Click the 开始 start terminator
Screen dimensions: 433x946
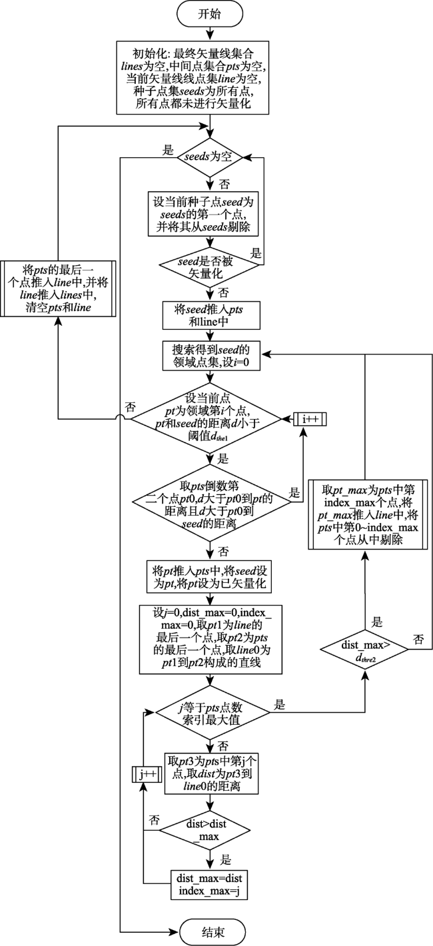tap(210, 14)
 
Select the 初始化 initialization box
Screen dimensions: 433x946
tap(193, 78)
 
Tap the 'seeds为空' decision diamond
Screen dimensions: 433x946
tap(209, 157)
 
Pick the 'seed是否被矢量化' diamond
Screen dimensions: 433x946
tap(209, 266)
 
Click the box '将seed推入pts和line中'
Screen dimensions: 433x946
tap(211, 316)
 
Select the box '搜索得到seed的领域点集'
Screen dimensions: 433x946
tap(211, 356)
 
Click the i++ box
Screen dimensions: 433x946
tap(310, 419)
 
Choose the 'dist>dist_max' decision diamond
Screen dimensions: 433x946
tap(209, 830)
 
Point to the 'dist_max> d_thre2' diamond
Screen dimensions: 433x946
tap(364, 650)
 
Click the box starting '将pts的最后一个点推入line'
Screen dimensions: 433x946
tap(58, 288)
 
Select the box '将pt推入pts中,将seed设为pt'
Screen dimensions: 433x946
tap(209, 577)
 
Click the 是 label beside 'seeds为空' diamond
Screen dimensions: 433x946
tap(168, 151)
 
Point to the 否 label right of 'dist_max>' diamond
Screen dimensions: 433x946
tap(418, 639)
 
